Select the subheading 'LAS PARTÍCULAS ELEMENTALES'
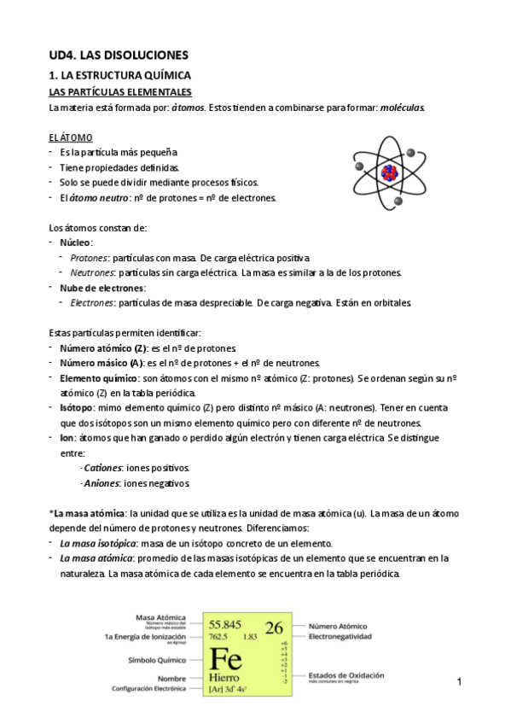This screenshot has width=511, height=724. (120, 91)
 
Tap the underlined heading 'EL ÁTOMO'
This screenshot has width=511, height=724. (71, 137)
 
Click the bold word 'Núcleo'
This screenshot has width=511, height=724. (76, 242)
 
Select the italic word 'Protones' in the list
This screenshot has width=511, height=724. (89, 257)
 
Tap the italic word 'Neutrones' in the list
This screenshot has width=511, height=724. (92, 272)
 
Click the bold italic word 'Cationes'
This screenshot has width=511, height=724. (102, 468)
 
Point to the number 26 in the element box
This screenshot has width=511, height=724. (274, 628)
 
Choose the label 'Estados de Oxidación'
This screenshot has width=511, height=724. (346, 675)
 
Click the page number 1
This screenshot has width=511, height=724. (459, 682)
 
